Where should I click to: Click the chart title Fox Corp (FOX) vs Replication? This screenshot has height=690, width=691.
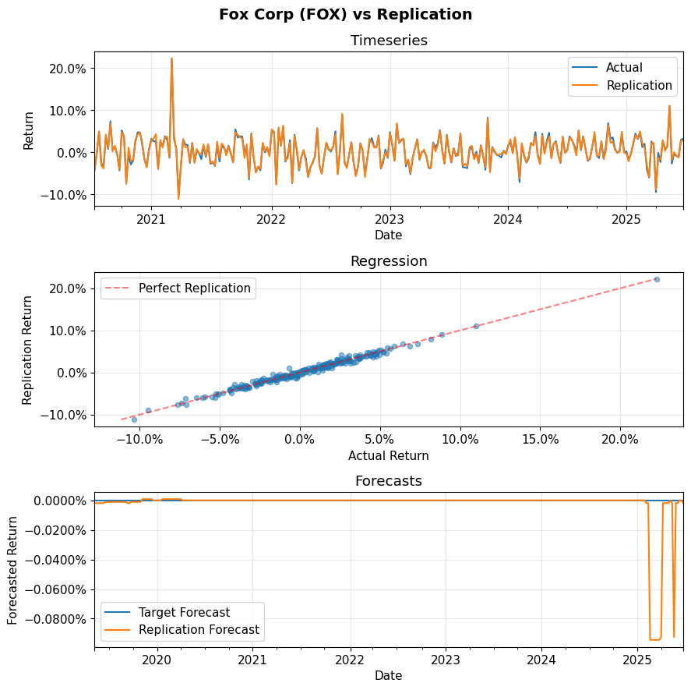click(345, 15)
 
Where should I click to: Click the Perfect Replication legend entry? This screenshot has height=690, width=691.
click(194, 288)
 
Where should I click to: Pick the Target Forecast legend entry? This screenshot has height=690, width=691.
click(184, 612)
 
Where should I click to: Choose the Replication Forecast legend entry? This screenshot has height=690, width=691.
click(199, 630)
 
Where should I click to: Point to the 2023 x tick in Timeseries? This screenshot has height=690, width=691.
click(390, 220)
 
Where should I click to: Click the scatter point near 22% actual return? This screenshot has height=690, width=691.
click(657, 279)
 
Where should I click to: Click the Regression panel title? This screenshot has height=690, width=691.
click(389, 261)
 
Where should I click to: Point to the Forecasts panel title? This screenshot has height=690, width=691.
click(389, 481)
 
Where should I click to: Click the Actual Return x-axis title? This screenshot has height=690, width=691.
click(389, 455)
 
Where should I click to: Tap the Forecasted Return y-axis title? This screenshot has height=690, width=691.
click(12, 570)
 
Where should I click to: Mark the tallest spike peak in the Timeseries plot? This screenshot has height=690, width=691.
click(171, 58)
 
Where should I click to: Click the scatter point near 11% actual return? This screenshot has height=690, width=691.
click(476, 326)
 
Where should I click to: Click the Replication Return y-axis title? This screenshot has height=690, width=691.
click(28, 349)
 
